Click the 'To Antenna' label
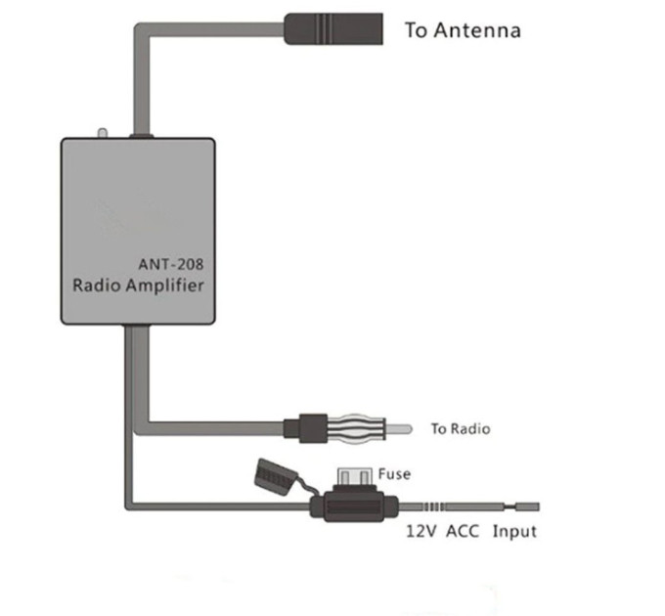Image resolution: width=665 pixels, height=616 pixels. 463,30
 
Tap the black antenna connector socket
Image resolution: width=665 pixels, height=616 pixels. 333,28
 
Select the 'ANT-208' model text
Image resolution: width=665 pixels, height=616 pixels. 171,265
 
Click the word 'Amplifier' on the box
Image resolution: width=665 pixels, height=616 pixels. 165,286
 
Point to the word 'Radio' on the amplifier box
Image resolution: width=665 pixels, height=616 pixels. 97,285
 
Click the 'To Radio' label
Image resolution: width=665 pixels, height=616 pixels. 461,428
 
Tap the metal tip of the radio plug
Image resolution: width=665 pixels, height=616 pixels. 399,429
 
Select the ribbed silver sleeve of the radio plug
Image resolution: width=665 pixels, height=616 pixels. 356,429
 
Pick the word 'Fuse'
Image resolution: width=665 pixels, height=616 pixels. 394,474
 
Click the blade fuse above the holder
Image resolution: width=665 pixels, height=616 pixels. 354,476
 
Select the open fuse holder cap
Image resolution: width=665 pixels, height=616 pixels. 269,475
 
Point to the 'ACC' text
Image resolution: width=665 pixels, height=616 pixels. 463,531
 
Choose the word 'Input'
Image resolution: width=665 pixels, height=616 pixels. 514,532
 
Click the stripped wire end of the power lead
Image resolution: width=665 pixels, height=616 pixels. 527,506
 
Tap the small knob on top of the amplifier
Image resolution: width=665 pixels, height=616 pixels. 103,134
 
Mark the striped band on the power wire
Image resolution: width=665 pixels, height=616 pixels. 433,506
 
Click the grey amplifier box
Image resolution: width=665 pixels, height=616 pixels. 138,231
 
